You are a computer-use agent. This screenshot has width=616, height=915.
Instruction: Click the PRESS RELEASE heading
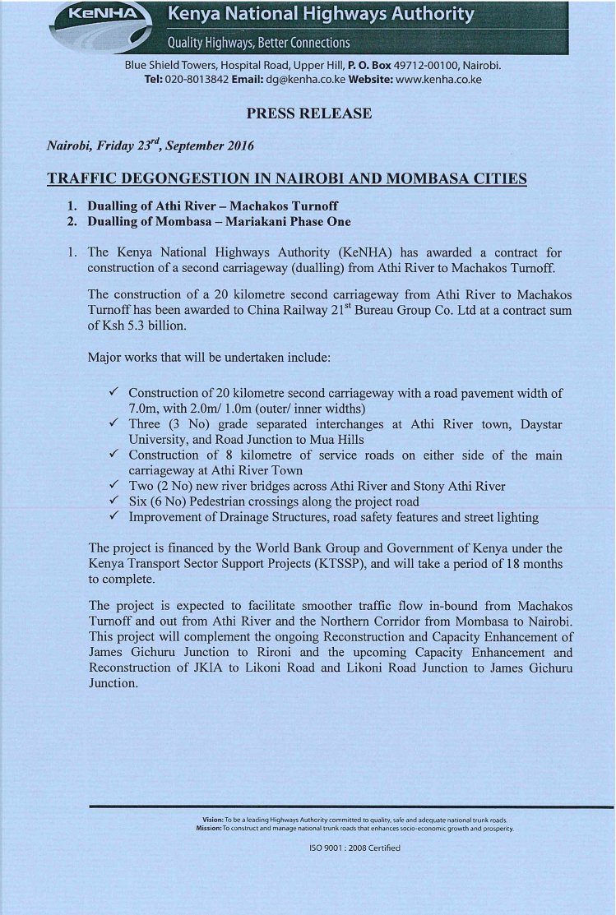(308, 113)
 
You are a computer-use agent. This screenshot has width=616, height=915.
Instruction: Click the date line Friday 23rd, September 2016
(150, 146)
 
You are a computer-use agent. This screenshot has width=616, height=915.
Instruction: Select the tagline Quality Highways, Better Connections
(258, 43)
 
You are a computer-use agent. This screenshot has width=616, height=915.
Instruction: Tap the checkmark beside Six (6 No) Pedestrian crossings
(116, 501)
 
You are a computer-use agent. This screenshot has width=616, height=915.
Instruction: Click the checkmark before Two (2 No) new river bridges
(116, 485)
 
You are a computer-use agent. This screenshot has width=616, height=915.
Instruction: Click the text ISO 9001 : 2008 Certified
(349, 848)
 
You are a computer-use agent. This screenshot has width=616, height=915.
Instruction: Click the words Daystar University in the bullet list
(498, 423)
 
